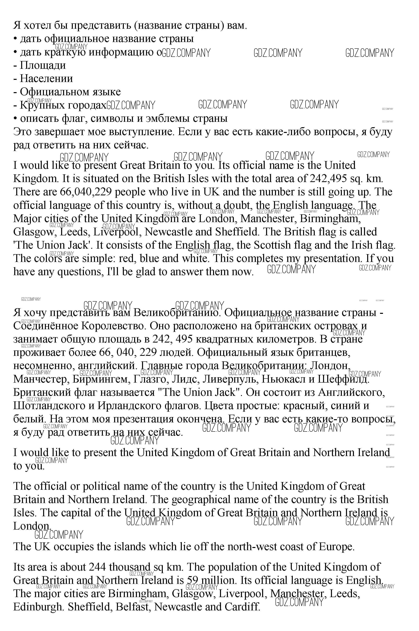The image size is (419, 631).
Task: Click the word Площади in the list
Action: (43, 66)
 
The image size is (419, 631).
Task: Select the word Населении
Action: (46, 79)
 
